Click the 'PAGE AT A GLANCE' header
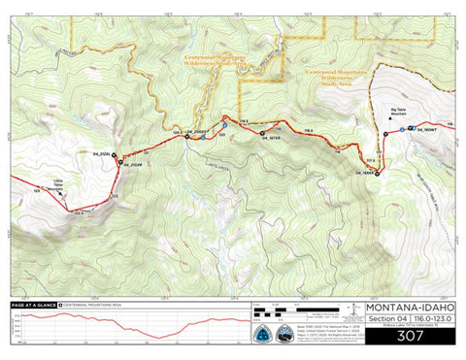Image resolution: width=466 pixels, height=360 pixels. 32,305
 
